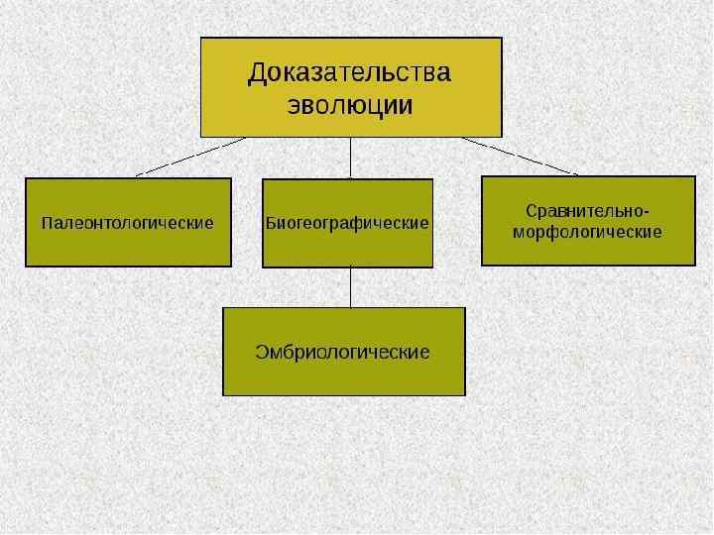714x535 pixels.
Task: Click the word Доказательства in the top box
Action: click(x=350, y=73)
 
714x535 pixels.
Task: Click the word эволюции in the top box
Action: click(x=350, y=106)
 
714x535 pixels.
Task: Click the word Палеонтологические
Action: click(x=128, y=223)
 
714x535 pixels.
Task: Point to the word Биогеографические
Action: click(x=348, y=223)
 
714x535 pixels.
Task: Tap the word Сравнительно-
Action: click(x=587, y=211)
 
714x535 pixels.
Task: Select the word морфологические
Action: click(x=587, y=232)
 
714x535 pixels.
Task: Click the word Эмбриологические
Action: click(x=343, y=352)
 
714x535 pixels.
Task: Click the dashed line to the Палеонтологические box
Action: click(x=188, y=157)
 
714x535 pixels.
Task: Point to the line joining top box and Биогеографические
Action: click(x=350, y=158)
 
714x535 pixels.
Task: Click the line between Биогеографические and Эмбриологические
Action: click(x=350, y=287)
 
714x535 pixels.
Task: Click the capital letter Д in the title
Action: click(x=258, y=74)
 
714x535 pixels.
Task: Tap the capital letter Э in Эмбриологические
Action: click(x=262, y=352)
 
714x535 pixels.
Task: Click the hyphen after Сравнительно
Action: click(x=648, y=212)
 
